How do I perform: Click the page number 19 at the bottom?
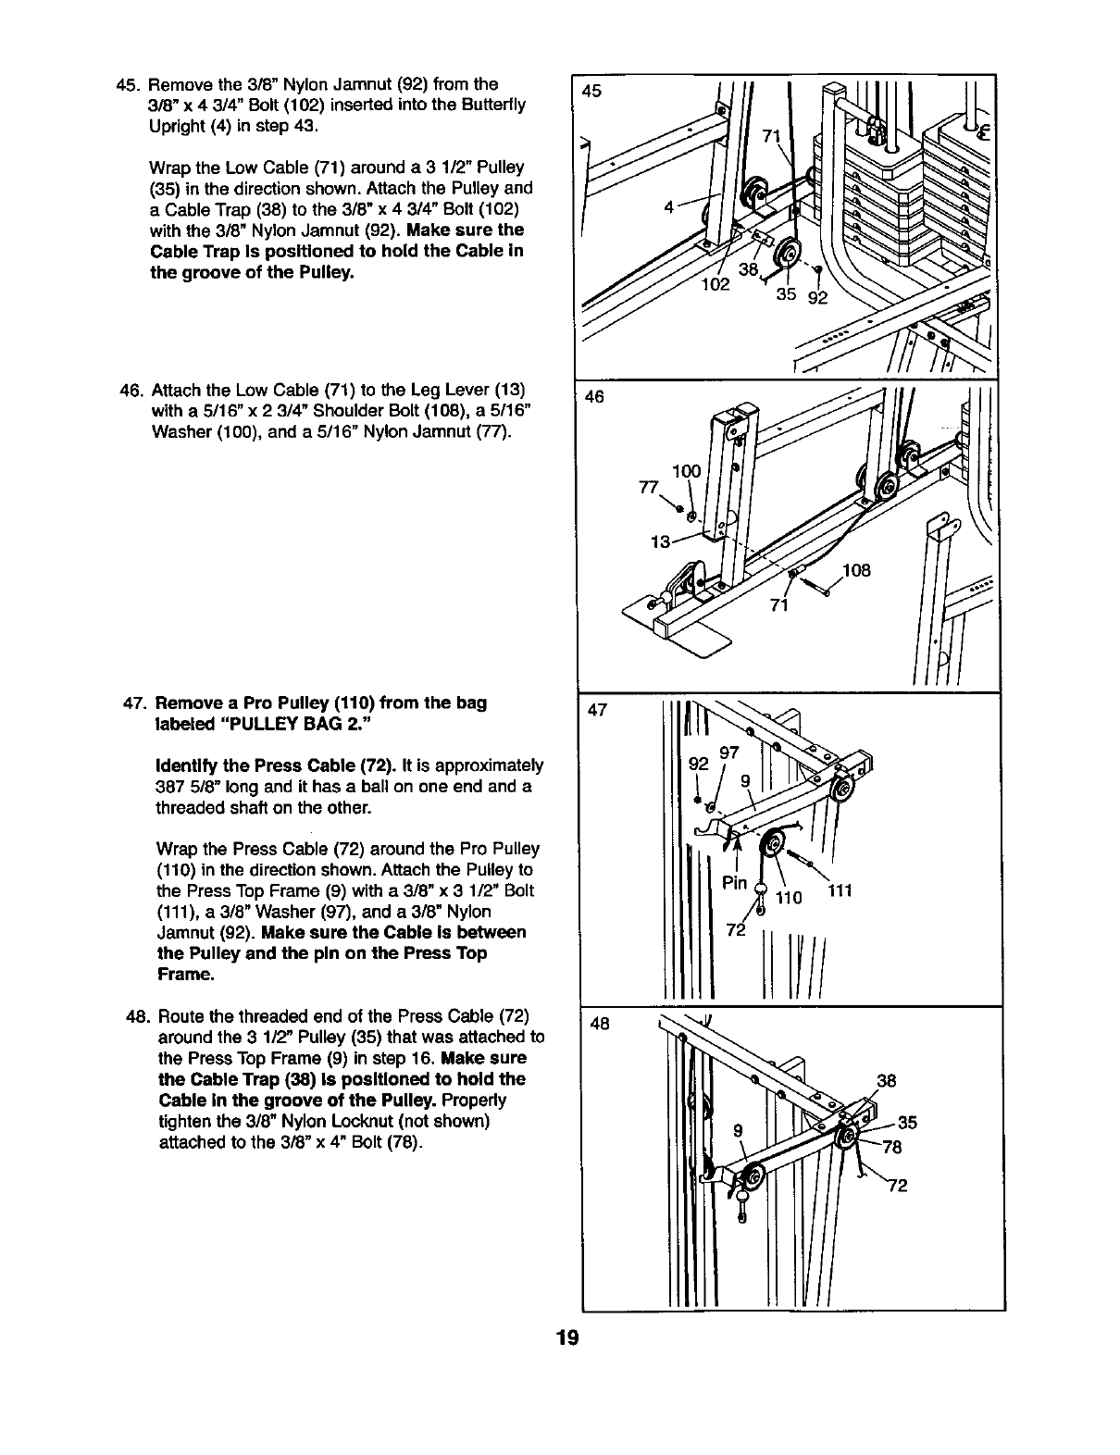point(567,1339)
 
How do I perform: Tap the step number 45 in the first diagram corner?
point(591,91)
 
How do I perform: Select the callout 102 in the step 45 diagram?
point(715,284)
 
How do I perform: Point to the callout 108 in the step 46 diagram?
point(857,570)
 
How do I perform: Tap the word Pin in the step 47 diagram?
point(734,882)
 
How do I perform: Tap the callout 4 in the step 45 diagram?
point(669,206)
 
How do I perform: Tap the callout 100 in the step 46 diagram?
point(686,472)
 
